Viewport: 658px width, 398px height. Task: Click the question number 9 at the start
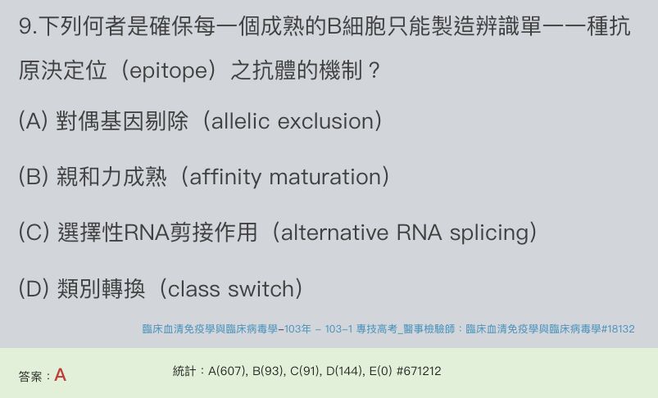(x=25, y=26)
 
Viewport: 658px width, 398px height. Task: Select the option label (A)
(x=33, y=121)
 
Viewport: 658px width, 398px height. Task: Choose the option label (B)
(x=33, y=177)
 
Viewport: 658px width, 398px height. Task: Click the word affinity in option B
(x=225, y=177)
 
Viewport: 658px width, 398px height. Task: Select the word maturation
(x=325, y=177)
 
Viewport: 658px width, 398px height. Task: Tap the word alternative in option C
(x=334, y=233)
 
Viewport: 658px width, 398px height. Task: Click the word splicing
(x=489, y=233)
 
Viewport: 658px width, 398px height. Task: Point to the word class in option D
(x=193, y=289)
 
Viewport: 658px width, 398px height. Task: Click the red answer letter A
(x=60, y=375)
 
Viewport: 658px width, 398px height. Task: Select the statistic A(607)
(x=227, y=371)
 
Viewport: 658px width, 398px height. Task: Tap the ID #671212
(x=419, y=371)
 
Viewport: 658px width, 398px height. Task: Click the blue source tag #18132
(x=618, y=329)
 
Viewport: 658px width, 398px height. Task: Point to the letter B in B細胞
(x=334, y=26)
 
